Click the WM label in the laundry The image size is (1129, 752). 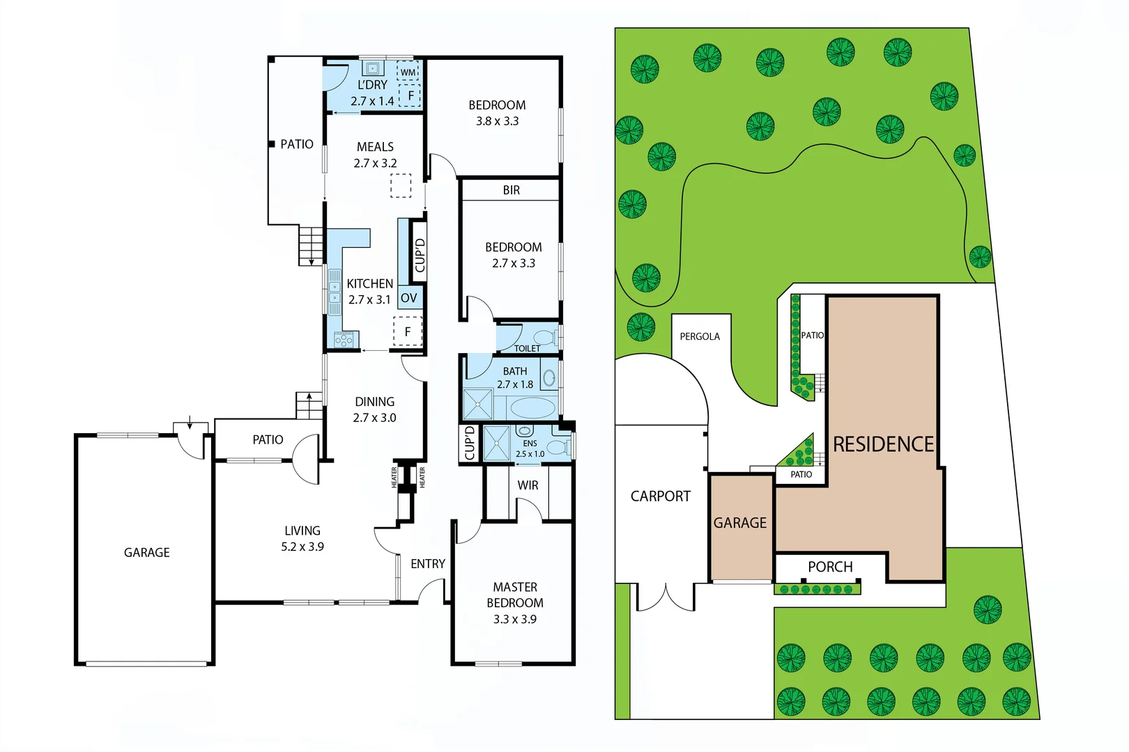pos(408,72)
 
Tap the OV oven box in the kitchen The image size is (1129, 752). pos(409,298)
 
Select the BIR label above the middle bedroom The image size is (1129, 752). pos(511,190)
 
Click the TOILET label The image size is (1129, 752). pos(527,348)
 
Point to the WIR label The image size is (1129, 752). pos(528,485)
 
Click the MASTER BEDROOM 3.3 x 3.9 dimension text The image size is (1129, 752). pos(515,619)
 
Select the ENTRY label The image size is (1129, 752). pos(427,564)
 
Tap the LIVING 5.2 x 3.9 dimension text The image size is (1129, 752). pos(302,547)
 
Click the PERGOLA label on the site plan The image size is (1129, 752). pos(700,336)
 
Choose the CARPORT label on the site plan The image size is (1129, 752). pos(660,496)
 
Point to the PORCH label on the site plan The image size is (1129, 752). pos(830,567)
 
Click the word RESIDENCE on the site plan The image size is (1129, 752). pos(883,444)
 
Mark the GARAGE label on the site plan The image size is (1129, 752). pos(739,523)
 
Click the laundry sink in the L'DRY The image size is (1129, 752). pos(373,68)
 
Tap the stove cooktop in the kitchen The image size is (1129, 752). pos(344,340)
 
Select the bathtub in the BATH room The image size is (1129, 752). pos(532,407)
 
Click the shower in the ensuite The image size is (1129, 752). pos(497,444)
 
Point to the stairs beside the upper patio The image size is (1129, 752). pos(311,246)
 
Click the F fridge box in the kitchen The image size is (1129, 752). pos(408,331)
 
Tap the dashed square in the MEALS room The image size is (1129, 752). pos(401,186)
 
